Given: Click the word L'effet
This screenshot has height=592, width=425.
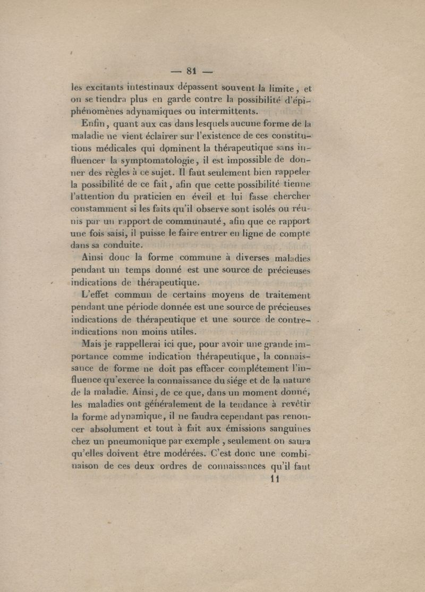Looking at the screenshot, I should pyautogui.click(x=100, y=295).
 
